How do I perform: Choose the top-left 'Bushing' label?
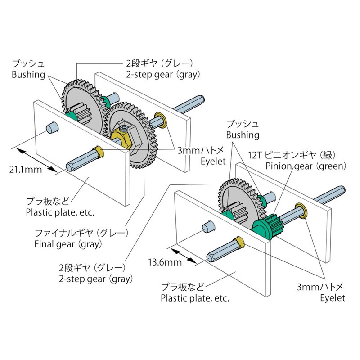coord(28,74)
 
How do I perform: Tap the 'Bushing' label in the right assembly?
coord(243,135)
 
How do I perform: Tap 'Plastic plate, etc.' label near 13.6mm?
coord(195,298)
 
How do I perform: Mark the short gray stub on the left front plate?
coord(52,128)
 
